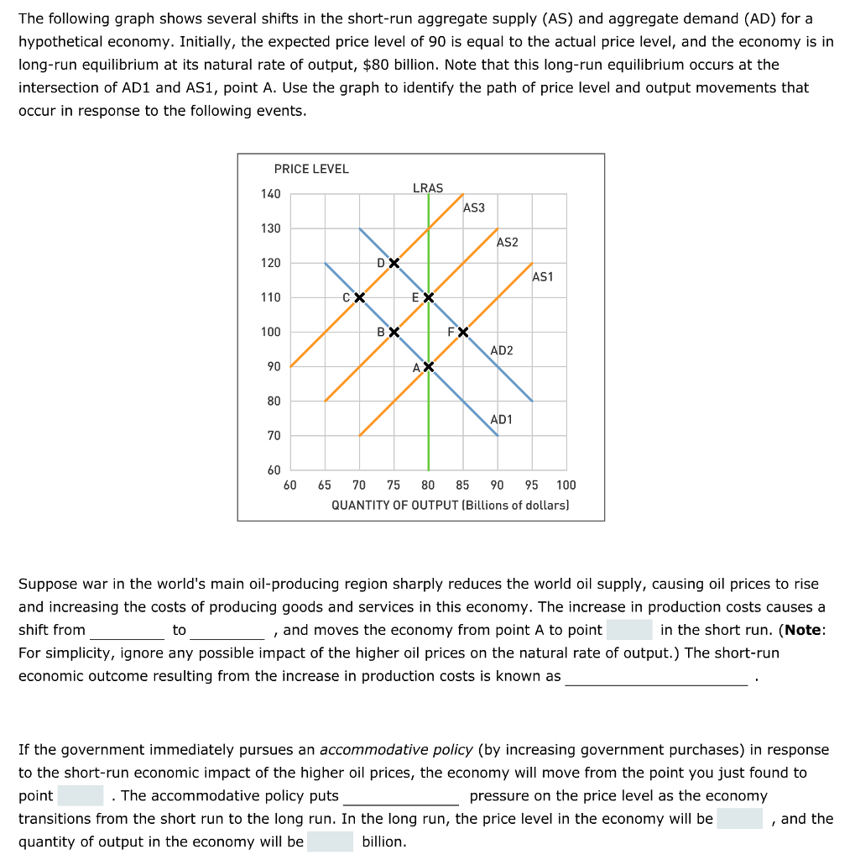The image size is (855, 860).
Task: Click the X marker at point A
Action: (429, 367)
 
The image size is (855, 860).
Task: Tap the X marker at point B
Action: (394, 332)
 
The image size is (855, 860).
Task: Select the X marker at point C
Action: (359, 297)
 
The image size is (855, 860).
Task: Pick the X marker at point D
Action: (394, 263)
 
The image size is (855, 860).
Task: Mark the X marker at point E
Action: (429, 297)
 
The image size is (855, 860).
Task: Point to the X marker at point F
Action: (462, 332)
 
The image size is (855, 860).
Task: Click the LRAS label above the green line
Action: (428, 188)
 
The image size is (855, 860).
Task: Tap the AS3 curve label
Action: (474, 207)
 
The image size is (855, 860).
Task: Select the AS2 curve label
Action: (508, 242)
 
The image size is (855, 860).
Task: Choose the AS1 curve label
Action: (543, 276)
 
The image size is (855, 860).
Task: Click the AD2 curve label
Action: (502, 350)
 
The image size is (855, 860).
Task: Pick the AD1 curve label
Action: (502, 419)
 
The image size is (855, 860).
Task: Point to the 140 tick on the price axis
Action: (270, 194)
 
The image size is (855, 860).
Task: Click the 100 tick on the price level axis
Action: (270, 332)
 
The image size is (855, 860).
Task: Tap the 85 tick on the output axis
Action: (462, 485)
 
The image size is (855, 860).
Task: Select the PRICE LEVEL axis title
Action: (311, 169)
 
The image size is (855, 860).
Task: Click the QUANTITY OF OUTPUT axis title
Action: (450, 505)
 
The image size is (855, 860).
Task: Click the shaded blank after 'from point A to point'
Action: (629, 630)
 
